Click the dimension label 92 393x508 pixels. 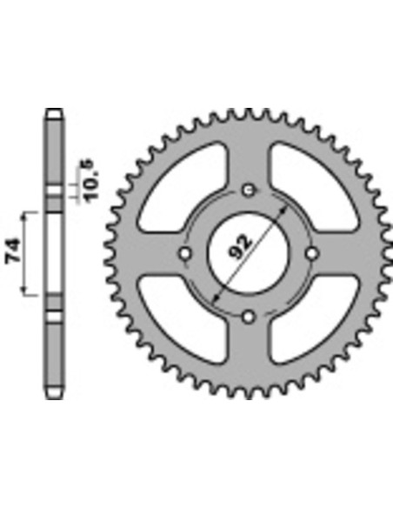(240, 247)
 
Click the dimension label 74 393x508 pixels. (14, 251)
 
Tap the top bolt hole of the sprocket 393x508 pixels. (249, 190)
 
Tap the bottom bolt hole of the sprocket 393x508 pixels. (249, 317)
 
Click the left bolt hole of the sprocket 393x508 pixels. (185, 254)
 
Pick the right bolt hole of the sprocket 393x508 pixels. (312, 254)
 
